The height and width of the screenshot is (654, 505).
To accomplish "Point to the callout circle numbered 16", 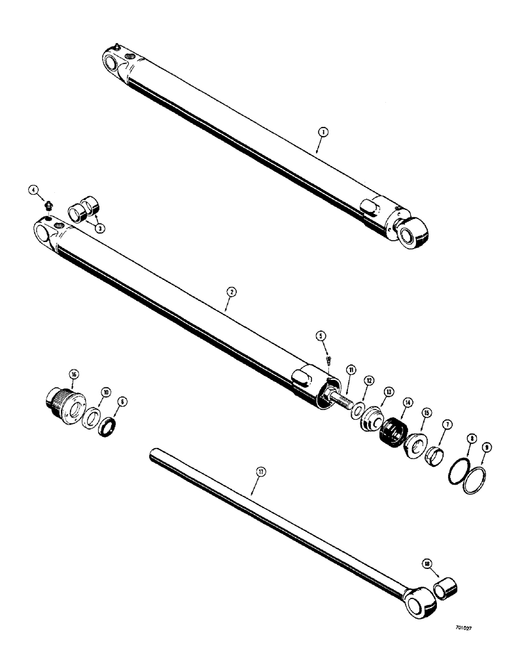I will [x=73, y=373].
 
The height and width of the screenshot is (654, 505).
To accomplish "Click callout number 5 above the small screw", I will [x=321, y=336].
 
